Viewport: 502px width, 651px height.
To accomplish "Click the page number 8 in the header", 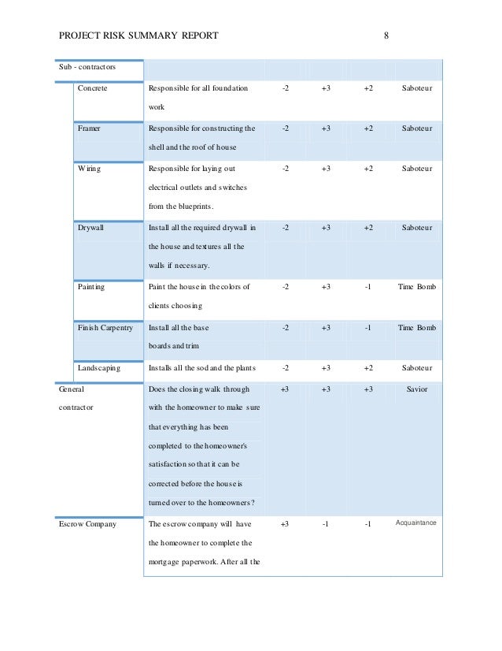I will [386, 36].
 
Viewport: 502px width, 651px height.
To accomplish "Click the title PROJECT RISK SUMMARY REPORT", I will [139, 36].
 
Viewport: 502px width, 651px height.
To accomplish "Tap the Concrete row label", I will [92, 88].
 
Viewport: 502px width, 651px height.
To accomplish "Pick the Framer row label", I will [89, 128].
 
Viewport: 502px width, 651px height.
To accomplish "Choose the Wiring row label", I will [89, 169].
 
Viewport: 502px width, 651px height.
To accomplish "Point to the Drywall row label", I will [90, 227].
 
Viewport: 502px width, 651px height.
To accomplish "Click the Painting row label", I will [91, 287].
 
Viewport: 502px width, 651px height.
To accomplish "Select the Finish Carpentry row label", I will [105, 327].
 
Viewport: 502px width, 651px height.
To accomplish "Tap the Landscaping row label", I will [98, 367].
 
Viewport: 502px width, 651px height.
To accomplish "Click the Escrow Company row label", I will [88, 523].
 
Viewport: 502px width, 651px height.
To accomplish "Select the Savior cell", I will [416, 389].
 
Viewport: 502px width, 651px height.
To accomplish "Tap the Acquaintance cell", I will [416, 523].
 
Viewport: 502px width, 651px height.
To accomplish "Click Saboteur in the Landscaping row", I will [416, 367].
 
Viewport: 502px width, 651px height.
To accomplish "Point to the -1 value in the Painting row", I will [368, 287].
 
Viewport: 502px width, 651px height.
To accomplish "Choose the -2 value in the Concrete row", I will [285, 88].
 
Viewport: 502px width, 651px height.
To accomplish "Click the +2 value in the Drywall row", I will [368, 227].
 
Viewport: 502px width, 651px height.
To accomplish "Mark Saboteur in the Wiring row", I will [416, 169].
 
